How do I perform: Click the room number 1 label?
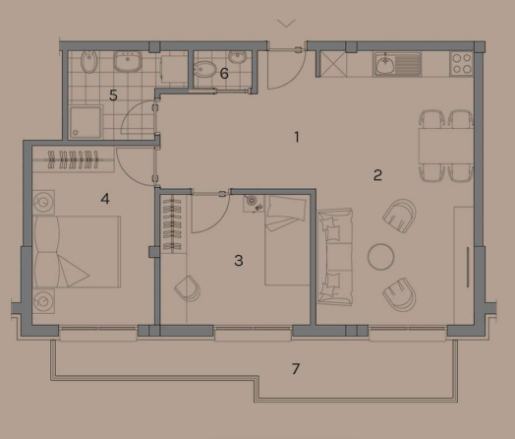point(296,137)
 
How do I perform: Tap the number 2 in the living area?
point(377,176)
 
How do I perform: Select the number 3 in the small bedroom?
point(238,261)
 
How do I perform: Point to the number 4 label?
point(104,198)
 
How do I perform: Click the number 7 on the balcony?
point(296,369)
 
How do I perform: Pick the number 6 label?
point(224,73)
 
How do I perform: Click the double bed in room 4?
point(77,251)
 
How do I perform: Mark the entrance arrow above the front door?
point(286,21)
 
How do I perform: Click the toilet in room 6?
point(203,70)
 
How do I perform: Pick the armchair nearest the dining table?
point(400,216)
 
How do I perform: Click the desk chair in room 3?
point(186,288)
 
